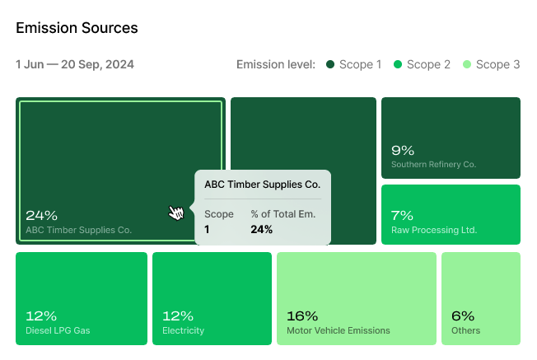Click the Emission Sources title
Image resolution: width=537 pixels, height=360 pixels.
pyautogui.click(x=77, y=28)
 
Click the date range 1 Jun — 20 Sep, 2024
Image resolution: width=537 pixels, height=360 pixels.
pyautogui.click(x=75, y=64)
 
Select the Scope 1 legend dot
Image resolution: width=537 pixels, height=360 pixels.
pyautogui.click(x=330, y=64)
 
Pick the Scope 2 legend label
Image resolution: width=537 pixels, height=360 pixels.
pyautogui.click(x=428, y=64)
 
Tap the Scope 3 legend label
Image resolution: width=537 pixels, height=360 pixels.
pyautogui.click(x=497, y=64)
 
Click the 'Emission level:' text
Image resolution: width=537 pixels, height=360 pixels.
pyautogui.click(x=275, y=64)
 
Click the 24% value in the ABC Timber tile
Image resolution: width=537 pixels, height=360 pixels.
pyautogui.click(x=41, y=216)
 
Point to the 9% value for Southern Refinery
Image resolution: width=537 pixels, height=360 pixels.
pyautogui.click(x=403, y=150)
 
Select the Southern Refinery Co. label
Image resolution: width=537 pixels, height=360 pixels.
pyautogui.click(x=434, y=165)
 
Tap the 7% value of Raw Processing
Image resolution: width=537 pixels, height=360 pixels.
pyautogui.click(x=402, y=216)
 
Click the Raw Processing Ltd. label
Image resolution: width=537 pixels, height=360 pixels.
pyautogui.click(x=434, y=231)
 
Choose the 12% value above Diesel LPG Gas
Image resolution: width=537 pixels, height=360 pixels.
pyautogui.click(x=41, y=316)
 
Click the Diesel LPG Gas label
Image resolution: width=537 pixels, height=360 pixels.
pyautogui.click(x=58, y=331)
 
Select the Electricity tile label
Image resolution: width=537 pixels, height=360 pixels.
pyautogui.click(x=183, y=331)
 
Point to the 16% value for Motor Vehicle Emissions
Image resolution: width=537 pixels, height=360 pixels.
pyautogui.click(x=301, y=316)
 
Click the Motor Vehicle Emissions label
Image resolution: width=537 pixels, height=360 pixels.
pyautogui.click(x=338, y=331)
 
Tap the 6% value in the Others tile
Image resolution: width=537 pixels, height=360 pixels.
pyautogui.click(x=463, y=316)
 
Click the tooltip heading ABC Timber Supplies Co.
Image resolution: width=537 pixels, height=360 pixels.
pyautogui.click(x=262, y=185)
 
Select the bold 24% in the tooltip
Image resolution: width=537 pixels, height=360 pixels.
pyautogui.click(x=261, y=230)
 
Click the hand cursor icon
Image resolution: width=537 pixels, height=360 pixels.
pyautogui.click(x=176, y=213)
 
